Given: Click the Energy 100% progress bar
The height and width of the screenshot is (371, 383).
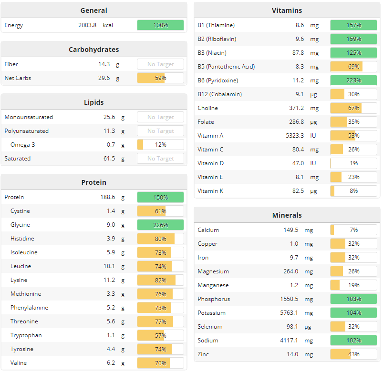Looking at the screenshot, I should [x=160, y=25].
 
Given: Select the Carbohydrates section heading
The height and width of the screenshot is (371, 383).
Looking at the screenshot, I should [x=94, y=50].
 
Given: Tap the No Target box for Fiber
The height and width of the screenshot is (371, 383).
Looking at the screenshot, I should [x=160, y=64].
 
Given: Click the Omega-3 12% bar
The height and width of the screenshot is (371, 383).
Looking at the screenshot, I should [x=160, y=145].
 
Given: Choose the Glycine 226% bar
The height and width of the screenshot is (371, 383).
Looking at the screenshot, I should [x=160, y=225].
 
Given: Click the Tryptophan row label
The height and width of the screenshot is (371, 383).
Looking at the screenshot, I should [x=26, y=335].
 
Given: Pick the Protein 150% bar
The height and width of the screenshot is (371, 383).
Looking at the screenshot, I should [x=160, y=197].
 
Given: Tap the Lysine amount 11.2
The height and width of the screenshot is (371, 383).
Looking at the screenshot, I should [x=109, y=280].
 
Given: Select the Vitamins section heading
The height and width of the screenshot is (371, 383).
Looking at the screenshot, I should [x=287, y=10].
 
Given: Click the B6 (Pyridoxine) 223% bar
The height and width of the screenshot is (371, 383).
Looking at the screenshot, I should [x=353, y=80].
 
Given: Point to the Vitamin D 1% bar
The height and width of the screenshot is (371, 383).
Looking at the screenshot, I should [x=353, y=163].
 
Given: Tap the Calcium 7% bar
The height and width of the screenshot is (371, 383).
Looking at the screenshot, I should [x=353, y=230].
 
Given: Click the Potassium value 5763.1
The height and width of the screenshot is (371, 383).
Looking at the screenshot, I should [x=292, y=313].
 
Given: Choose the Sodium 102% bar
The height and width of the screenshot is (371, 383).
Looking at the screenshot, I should [x=353, y=341].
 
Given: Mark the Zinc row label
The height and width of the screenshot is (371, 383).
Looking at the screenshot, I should [x=203, y=354].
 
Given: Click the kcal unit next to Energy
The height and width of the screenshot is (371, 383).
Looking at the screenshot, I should [x=108, y=25].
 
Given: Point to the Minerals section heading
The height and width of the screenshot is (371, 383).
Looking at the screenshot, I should [x=287, y=215].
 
